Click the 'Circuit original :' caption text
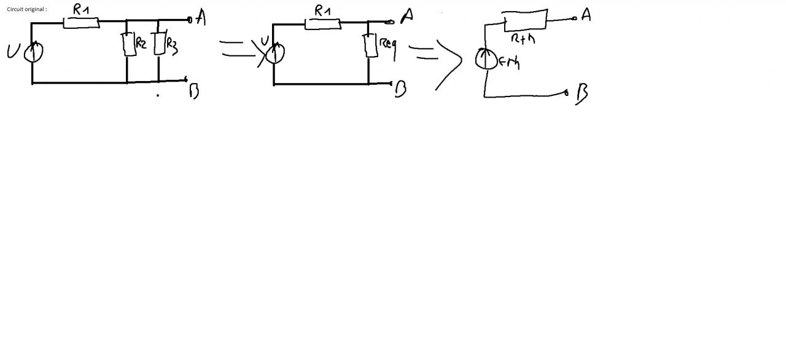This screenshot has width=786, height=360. coord(26,9)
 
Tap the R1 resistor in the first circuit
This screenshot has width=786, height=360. coord(81,23)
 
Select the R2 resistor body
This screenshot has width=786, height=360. coord(129,45)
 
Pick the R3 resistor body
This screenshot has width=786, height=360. coord(160,44)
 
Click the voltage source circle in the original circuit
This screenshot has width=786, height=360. coord(33,53)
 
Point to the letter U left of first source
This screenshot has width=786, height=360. coord(13,52)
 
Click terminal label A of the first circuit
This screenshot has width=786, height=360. coord(200,18)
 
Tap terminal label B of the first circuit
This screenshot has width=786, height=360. coord(194,92)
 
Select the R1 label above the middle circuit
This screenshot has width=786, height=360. coord(322,10)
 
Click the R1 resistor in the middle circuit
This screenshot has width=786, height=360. coord(322,24)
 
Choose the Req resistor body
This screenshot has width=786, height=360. coord(371,45)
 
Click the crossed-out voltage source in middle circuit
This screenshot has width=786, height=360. coord(274,53)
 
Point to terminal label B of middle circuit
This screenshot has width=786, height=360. coord(400,90)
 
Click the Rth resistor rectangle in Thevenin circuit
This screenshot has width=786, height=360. coord(525,20)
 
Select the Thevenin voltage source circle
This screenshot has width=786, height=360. coord(486,60)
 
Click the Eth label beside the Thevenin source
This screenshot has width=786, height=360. coord(509,61)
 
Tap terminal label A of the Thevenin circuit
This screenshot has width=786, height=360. coord(586,15)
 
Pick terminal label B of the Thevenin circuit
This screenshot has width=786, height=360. coord(582,94)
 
